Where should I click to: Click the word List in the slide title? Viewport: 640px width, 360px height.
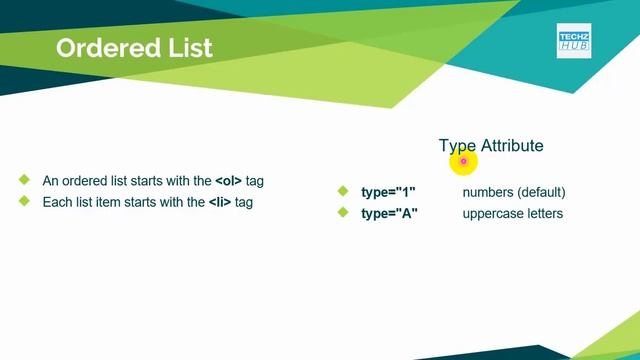tap(189, 48)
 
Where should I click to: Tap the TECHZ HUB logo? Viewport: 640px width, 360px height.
tap(574, 41)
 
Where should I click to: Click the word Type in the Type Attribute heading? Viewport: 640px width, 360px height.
tap(457, 146)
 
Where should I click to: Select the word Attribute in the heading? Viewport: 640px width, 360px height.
tap(512, 146)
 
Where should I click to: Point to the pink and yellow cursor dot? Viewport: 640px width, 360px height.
tap(463, 161)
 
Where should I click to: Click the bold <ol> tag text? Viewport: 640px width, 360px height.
tap(229, 182)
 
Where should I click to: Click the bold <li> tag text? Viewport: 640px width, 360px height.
tap(220, 202)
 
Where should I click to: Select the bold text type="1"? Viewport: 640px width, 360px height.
tap(388, 192)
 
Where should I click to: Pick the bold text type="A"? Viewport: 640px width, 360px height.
tap(389, 213)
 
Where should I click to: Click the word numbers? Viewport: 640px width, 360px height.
tap(487, 192)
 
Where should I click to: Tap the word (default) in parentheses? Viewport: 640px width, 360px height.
tap(541, 192)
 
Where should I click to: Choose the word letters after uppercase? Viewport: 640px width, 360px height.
tap(546, 213)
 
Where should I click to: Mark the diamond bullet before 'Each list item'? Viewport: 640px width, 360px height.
tap(23, 201)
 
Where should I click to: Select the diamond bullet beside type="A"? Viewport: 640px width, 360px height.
tap(342, 212)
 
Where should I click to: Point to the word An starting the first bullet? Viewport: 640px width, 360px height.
tap(50, 182)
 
